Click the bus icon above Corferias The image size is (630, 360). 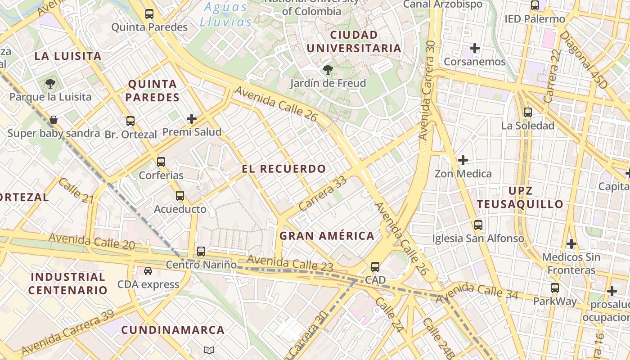pos(161,162)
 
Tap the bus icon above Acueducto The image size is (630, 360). pos(180,196)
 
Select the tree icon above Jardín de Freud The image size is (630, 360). pos(328,70)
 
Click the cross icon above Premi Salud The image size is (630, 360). pos(192,119)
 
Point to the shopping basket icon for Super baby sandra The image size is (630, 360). pos(54,120)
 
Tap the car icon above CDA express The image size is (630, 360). pos(148,271)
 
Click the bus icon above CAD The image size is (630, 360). pos(375,267)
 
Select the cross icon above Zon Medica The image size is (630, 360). pos(463,160)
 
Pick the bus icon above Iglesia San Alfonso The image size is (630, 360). pos(478,225)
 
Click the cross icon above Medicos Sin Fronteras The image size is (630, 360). pos(571,244)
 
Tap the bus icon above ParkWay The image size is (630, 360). pos(555,288)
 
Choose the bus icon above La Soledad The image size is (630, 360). pos(528,112)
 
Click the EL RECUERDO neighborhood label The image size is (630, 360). pos(284,169)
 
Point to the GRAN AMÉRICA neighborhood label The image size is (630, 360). pos(327,236)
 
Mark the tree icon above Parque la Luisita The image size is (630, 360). pos(50,83)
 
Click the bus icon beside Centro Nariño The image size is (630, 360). pos(201,252)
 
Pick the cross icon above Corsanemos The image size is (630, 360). pos(475,48)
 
